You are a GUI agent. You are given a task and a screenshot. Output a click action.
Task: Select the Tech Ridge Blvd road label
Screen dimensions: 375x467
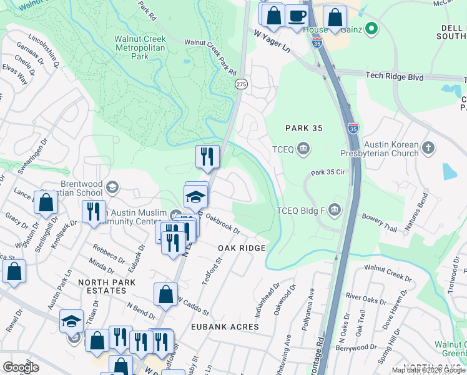click(x=395, y=77)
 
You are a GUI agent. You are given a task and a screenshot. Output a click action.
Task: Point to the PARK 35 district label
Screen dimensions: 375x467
click(x=303, y=128)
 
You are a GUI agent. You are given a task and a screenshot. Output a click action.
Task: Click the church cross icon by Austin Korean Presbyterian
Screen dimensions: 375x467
click(x=428, y=148)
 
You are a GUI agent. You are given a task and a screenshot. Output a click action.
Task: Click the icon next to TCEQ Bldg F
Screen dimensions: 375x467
click(x=335, y=209)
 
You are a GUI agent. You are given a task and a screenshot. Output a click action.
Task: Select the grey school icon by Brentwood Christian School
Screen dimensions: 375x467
click(x=112, y=187)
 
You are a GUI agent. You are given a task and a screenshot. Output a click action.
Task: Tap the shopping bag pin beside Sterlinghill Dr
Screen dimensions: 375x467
click(x=46, y=202)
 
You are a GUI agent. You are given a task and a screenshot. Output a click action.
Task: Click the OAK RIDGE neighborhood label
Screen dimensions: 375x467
click(x=242, y=248)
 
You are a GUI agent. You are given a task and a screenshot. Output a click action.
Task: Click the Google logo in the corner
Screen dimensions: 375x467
click(x=21, y=367)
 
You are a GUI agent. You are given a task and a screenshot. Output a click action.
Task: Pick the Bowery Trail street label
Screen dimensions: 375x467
click(x=379, y=223)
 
